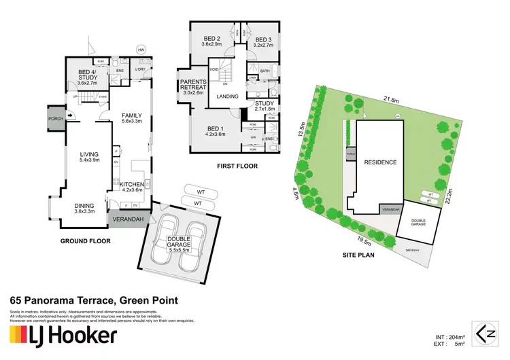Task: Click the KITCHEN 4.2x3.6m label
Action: pos(130,187)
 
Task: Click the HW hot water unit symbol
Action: pos(141,50)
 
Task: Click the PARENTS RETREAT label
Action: pos(193,88)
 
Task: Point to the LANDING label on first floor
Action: pos(227,96)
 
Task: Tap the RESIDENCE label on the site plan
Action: pos(379,162)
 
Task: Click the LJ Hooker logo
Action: pos(63,335)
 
